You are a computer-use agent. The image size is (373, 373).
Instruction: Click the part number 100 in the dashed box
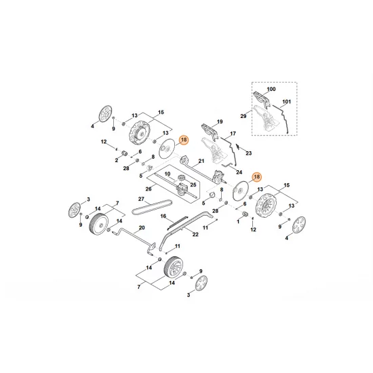point(272,90)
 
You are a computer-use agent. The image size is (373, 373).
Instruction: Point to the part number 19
point(219,122)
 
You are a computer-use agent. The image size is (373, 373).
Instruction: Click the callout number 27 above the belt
point(142,199)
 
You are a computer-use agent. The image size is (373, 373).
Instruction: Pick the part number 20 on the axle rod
point(142,227)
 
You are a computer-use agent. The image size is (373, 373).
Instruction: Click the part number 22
point(195,234)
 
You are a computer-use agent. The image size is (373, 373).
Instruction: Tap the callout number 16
point(163,216)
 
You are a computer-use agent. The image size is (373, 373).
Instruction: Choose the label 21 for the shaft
point(201,163)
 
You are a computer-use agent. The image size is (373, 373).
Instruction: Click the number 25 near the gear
point(193,184)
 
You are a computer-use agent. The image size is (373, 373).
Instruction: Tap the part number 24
point(239,172)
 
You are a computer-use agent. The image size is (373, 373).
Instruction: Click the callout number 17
point(233,134)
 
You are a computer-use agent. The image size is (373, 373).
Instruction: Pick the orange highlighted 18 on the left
point(182,140)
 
